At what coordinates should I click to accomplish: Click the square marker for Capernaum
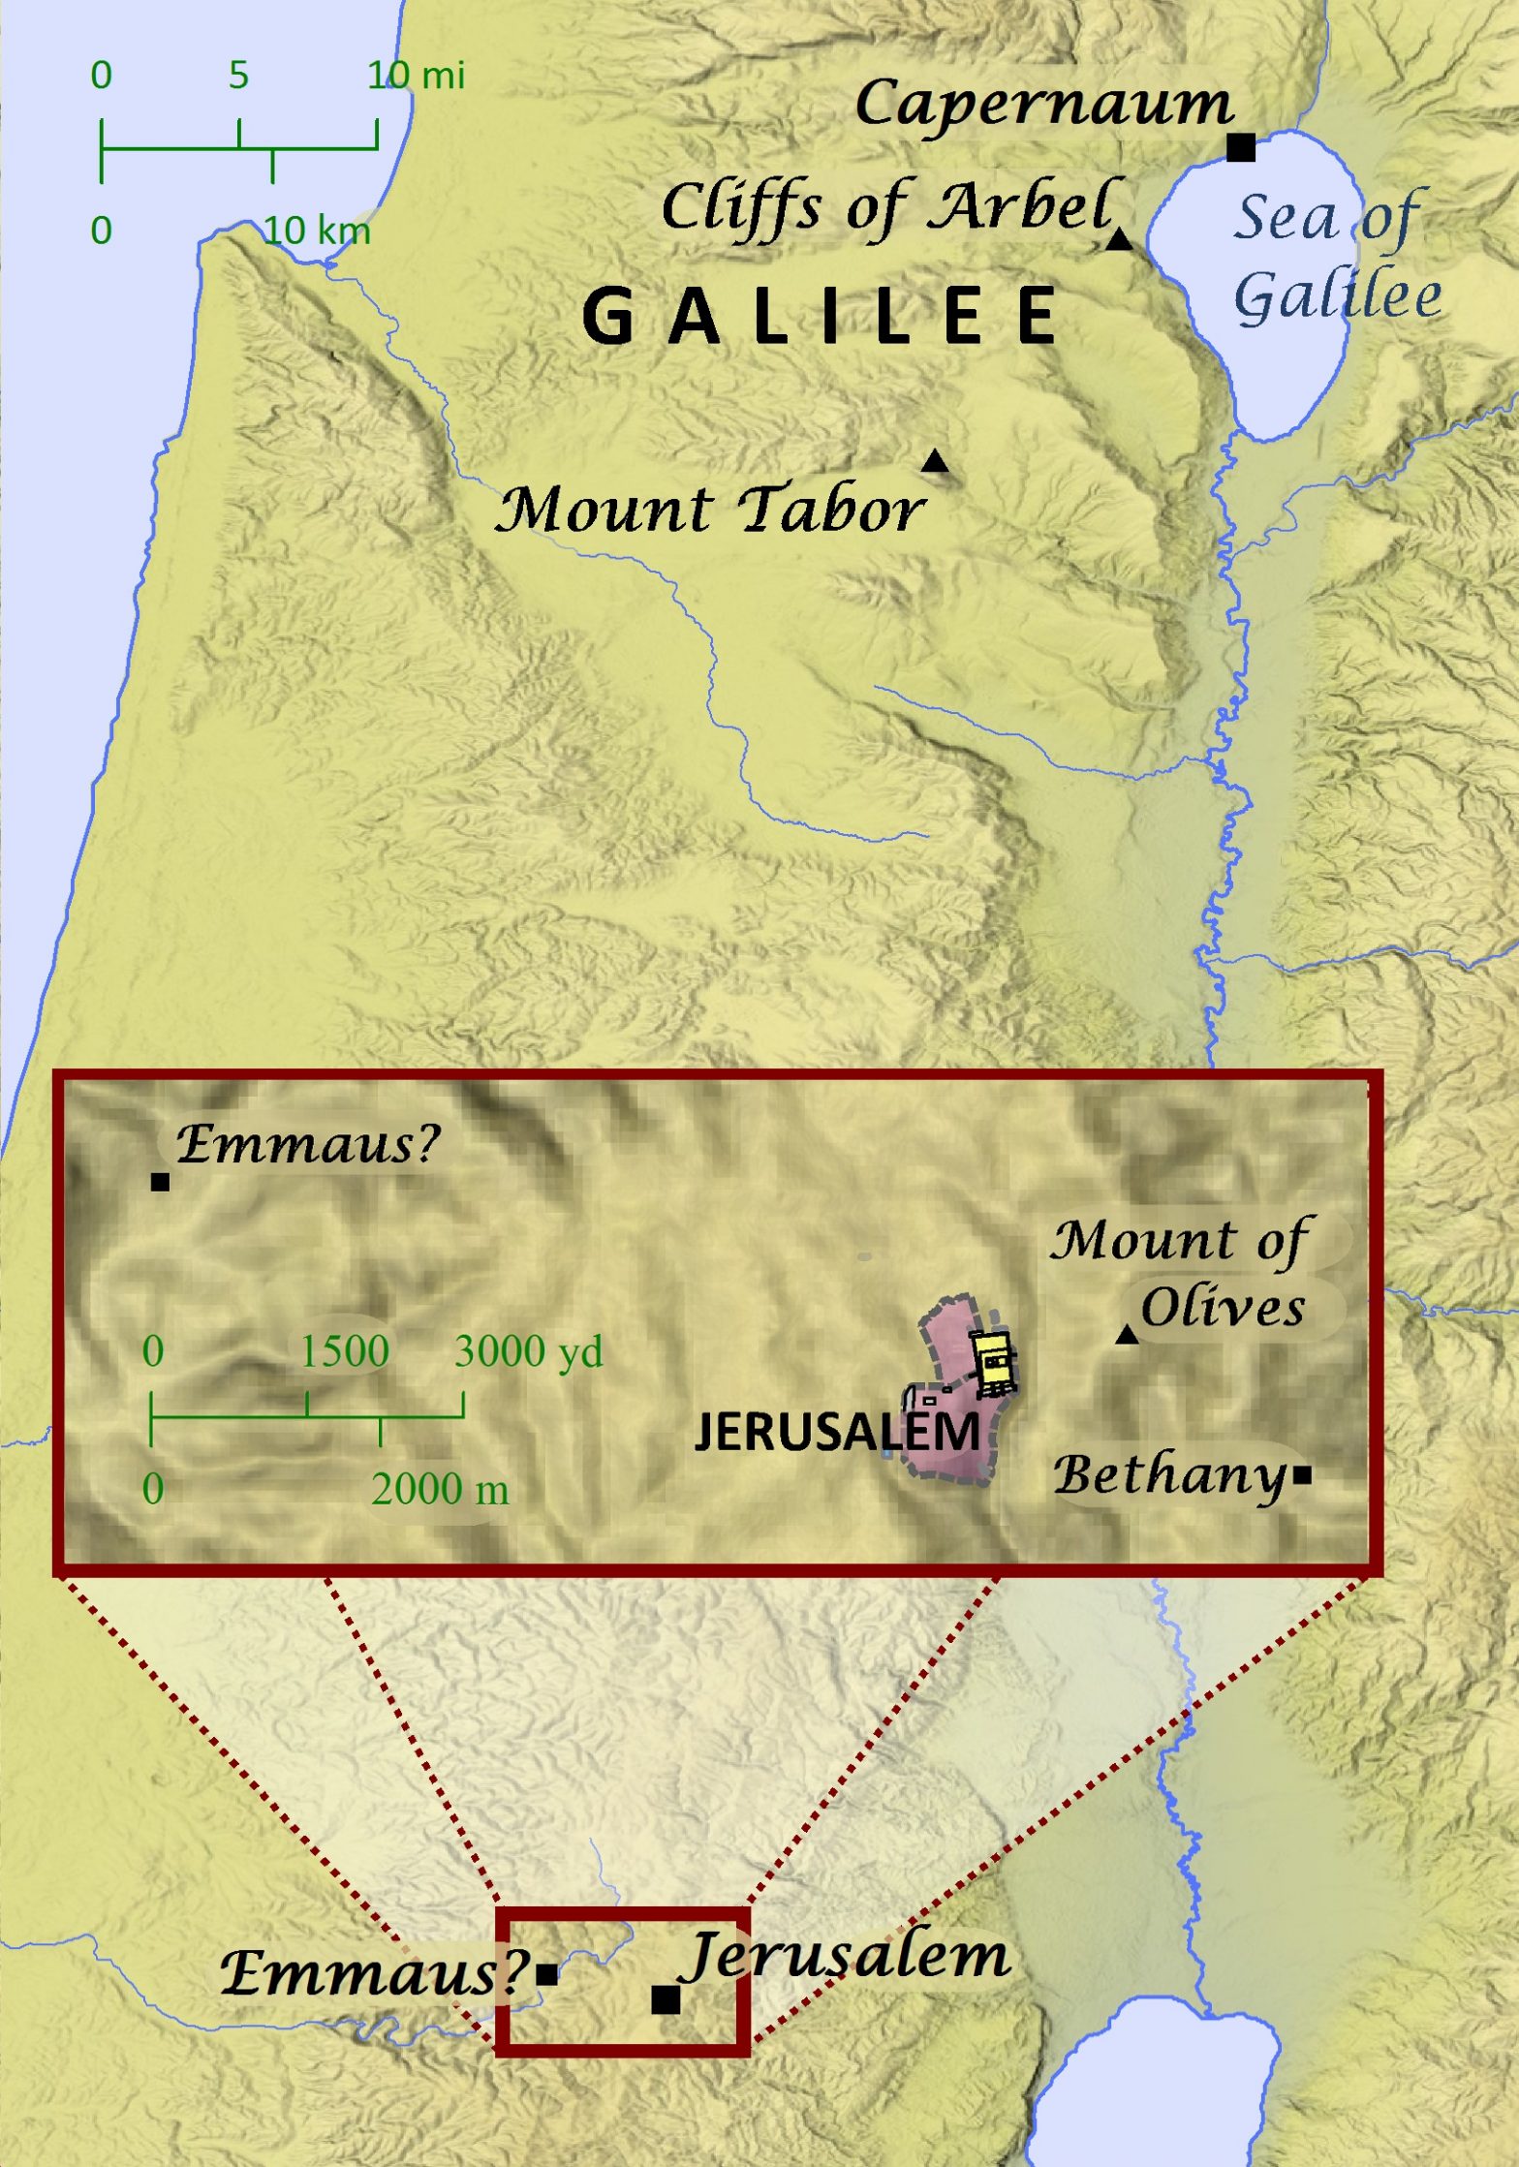[1240, 147]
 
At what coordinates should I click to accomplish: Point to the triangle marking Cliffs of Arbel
[1119, 239]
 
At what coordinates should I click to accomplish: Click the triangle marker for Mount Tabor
[934, 461]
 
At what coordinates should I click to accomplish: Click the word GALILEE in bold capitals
[820, 317]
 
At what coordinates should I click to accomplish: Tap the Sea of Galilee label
[1335, 256]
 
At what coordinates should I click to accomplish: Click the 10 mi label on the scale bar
[417, 76]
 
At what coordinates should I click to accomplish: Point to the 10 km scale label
[318, 231]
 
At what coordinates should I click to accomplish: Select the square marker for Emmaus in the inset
[161, 1182]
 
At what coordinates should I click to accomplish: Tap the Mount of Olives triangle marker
[1126, 1336]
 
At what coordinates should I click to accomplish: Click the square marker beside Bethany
[1302, 1475]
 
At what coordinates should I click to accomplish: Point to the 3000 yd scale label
[528, 1351]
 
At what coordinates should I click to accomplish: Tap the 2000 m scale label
[440, 1489]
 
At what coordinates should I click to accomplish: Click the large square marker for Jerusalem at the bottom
[666, 1999]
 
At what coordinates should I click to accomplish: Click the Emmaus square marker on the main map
[546, 1973]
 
